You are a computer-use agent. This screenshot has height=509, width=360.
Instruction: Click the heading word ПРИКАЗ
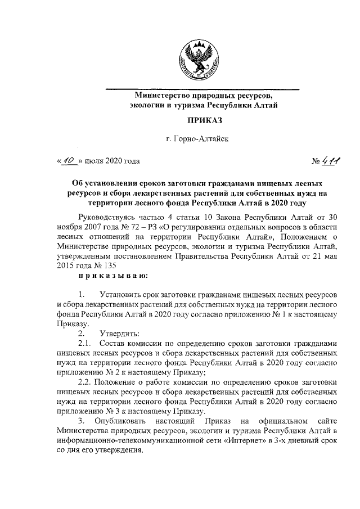[202, 120]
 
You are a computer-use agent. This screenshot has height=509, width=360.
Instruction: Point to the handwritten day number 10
[69, 160]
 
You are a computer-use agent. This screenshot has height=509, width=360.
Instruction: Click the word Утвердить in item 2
[119, 333]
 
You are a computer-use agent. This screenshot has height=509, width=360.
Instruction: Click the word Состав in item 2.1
[111, 343]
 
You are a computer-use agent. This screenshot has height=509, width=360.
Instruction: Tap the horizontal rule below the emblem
[202, 89]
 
